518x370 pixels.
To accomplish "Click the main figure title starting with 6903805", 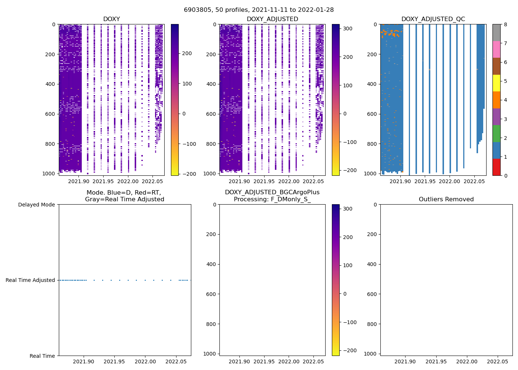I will click(259, 10).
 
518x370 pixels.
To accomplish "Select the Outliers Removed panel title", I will click(446, 199).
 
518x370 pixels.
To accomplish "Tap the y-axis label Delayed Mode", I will click(36, 205).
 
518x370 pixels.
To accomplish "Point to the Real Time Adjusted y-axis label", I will click(30, 280).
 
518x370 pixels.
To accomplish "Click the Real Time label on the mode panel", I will click(42, 356).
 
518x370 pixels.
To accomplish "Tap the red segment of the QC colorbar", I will click(496, 167).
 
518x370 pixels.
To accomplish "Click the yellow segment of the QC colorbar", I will click(496, 83).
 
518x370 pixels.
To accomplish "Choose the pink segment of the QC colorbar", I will click(496, 49).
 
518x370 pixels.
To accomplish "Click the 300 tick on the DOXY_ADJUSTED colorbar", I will click(348, 28).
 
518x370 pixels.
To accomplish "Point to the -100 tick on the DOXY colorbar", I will click(189, 144).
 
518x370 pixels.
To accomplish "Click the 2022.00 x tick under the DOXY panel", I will click(128, 181).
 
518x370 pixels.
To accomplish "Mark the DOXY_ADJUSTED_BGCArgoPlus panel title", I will click(272, 196).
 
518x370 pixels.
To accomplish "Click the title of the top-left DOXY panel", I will click(111, 19).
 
